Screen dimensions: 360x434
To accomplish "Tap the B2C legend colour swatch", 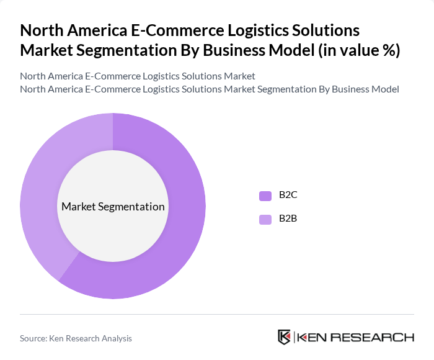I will pos(265,196).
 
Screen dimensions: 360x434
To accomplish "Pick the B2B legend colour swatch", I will pos(265,219).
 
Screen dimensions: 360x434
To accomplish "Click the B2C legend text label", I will pos(288,196).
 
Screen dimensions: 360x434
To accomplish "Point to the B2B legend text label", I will pos(288,219).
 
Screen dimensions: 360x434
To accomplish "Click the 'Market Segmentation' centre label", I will pos(113,207).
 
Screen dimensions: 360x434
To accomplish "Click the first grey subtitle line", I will pos(138,76).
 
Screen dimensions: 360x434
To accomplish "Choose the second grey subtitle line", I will pos(209,89).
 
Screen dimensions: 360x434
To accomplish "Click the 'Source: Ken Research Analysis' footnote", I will pos(76,338).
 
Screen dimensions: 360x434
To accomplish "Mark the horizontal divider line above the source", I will pos(217,314).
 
